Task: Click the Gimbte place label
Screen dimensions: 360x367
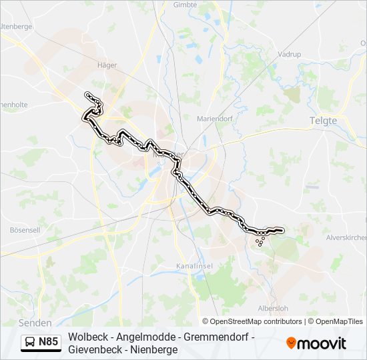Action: tap(185, 5)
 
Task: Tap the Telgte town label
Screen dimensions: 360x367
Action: tap(324, 121)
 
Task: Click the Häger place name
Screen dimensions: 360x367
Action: tap(107, 65)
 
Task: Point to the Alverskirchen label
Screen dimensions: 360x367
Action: tap(346, 237)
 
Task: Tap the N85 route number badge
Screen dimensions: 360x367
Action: tap(48, 343)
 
